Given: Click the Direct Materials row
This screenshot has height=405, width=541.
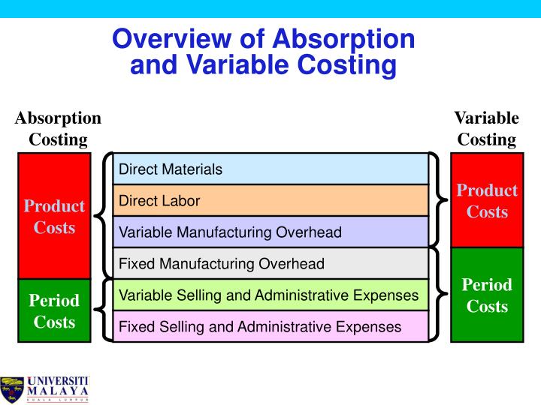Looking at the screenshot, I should (x=270, y=169).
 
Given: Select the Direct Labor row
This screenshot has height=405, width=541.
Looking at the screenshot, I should (x=270, y=201).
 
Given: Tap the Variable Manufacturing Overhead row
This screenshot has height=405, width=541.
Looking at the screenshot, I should (x=270, y=232).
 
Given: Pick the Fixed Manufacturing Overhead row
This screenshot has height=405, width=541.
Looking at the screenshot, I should (x=270, y=264).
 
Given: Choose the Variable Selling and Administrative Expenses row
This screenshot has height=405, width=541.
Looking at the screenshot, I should (x=270, y=295).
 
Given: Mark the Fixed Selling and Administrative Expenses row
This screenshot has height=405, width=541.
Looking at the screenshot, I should (x=270, y=327).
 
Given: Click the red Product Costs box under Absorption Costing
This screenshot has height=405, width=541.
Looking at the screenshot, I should (x=54, y=216).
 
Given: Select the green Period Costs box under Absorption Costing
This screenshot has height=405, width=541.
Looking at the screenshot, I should (x=54, y=311).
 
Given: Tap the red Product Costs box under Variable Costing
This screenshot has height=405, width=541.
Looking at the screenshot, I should (x=487, y=200).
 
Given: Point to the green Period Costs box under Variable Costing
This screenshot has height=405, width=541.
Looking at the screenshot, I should (x=487, y=295).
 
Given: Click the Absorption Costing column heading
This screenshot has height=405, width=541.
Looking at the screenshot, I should (x=58, y=128).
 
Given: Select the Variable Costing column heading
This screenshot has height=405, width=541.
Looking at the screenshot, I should (x=487, y=128).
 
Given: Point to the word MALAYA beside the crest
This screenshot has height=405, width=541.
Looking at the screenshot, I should (x=58, y=391).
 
